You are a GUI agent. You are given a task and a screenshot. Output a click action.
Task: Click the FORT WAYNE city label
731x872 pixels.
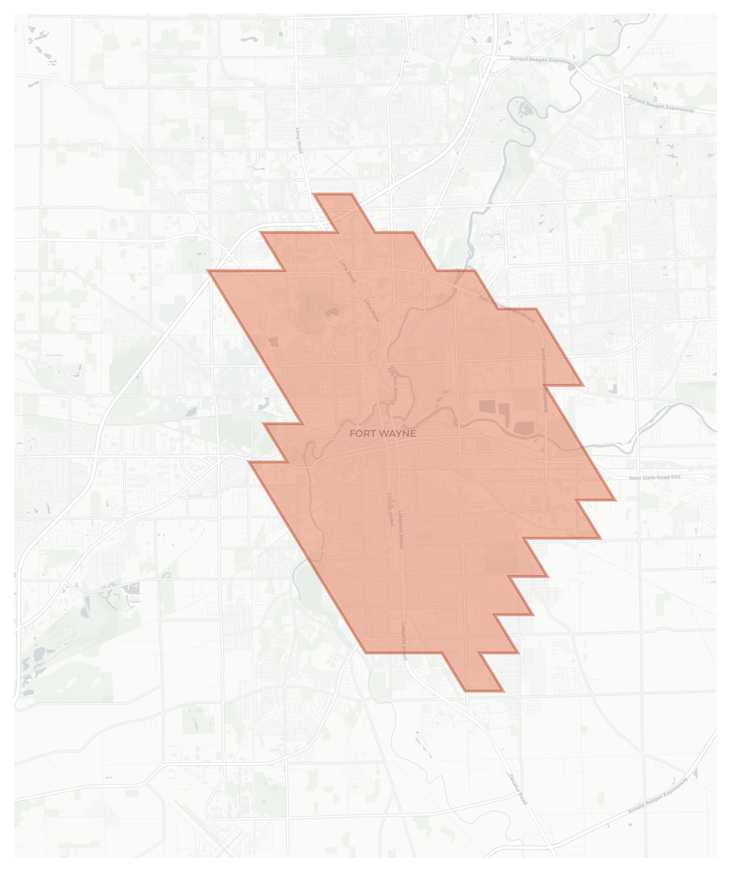point(382,433)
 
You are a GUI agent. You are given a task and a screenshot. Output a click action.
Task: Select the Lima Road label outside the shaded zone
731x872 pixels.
point(299,140)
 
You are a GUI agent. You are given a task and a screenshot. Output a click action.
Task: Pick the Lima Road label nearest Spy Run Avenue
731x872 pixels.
point(372,310)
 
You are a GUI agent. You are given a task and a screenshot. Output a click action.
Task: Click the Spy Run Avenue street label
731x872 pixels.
point(392,385)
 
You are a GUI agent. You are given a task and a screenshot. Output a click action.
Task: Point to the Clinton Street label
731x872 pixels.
point(390,509)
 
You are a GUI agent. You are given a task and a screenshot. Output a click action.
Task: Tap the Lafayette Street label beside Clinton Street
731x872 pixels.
point(401,530)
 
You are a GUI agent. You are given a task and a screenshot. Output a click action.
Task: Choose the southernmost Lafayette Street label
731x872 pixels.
point(404,641)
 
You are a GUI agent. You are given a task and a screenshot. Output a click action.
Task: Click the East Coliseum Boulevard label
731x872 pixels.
point(507,309)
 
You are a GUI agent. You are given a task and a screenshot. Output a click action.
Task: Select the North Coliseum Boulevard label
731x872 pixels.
point(545,379)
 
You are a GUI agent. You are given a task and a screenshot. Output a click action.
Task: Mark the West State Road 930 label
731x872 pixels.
point(654,478)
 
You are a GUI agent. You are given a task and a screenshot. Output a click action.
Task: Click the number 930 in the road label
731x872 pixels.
point(675,477)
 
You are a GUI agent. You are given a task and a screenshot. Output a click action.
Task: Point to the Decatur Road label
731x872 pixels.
point(518,789)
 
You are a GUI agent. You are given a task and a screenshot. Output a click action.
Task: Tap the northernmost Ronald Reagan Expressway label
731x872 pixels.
point(543,61)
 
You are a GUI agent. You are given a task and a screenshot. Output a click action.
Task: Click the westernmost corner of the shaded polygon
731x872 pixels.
point(208,271)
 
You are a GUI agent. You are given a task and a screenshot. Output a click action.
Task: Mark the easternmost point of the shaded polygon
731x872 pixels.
point(616,500)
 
